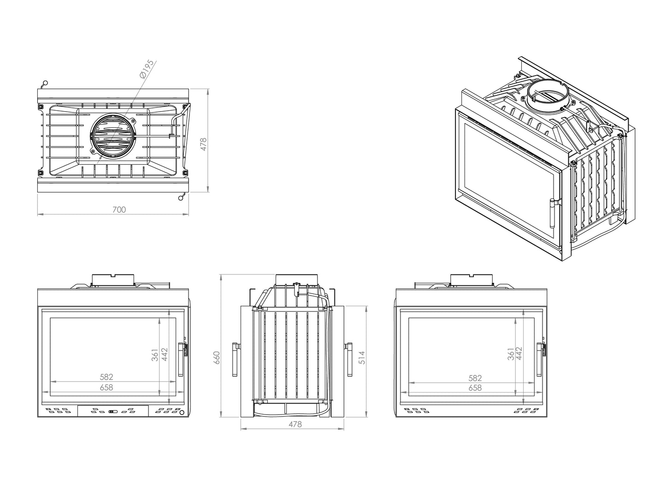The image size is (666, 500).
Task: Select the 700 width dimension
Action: point(119,210)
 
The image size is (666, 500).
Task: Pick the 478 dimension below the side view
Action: point(295,424)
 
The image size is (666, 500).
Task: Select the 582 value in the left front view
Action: point(106,377)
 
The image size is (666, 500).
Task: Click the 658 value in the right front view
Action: point(475,388)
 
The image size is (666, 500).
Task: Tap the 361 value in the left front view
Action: point(155,355)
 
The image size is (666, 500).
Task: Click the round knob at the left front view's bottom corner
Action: point(182,412)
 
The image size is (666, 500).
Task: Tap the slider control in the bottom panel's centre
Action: point(112,411)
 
